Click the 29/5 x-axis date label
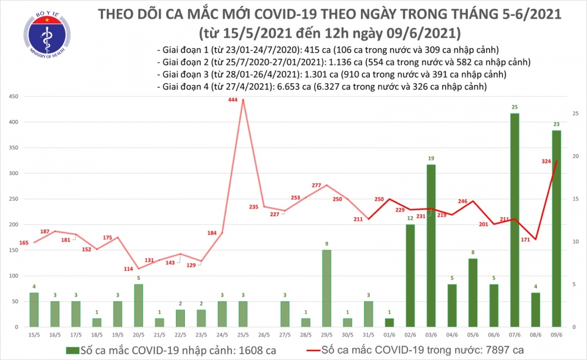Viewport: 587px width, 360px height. point(324,335)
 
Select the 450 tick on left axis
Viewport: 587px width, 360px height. point(13,97)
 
